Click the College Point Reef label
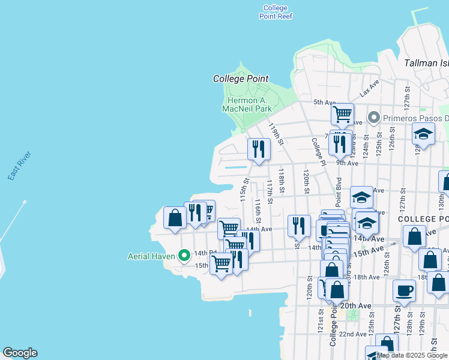276,12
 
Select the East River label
19,166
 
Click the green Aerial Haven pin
185,256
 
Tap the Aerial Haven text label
151,256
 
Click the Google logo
20,353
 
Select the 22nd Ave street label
352,334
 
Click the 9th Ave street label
347,163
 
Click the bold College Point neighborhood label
241,79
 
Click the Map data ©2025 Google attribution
412,355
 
